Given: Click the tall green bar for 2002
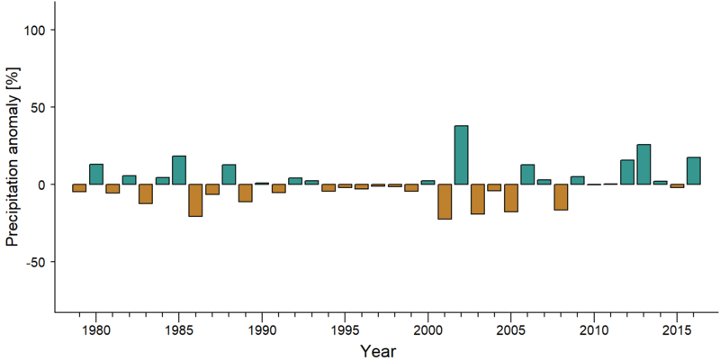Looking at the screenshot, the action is (x=461, y=155).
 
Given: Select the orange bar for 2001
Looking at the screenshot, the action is (x=445, y=202).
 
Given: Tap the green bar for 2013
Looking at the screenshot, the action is (x=643, y=165).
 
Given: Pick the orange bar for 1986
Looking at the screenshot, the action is (x=195, y=200).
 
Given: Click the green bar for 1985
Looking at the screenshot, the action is (x=179, y=170).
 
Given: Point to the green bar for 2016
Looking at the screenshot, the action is (x=693, y=171).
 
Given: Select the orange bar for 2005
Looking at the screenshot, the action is (x=511, y=198).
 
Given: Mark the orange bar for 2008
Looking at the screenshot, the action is (x=561, y=197).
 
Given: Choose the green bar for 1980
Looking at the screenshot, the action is (x=96, y=174).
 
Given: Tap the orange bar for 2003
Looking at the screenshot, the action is (x=478, y=199).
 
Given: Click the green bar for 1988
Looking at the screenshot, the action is (x=229, y=175).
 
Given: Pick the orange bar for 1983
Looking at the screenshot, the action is (x=146, y=193).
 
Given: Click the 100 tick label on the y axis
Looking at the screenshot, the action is (x=34, y=30).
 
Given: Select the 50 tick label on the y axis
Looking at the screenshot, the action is (x=38, y=107).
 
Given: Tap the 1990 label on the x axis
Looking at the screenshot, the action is (x=262, y=330).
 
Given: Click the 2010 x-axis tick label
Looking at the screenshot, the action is (x=594, y=330).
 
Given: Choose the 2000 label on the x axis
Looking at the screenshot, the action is (x=428, y=330).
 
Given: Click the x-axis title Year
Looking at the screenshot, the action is (x=377, y=351).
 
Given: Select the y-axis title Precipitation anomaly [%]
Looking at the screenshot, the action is (x=13, y=157).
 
